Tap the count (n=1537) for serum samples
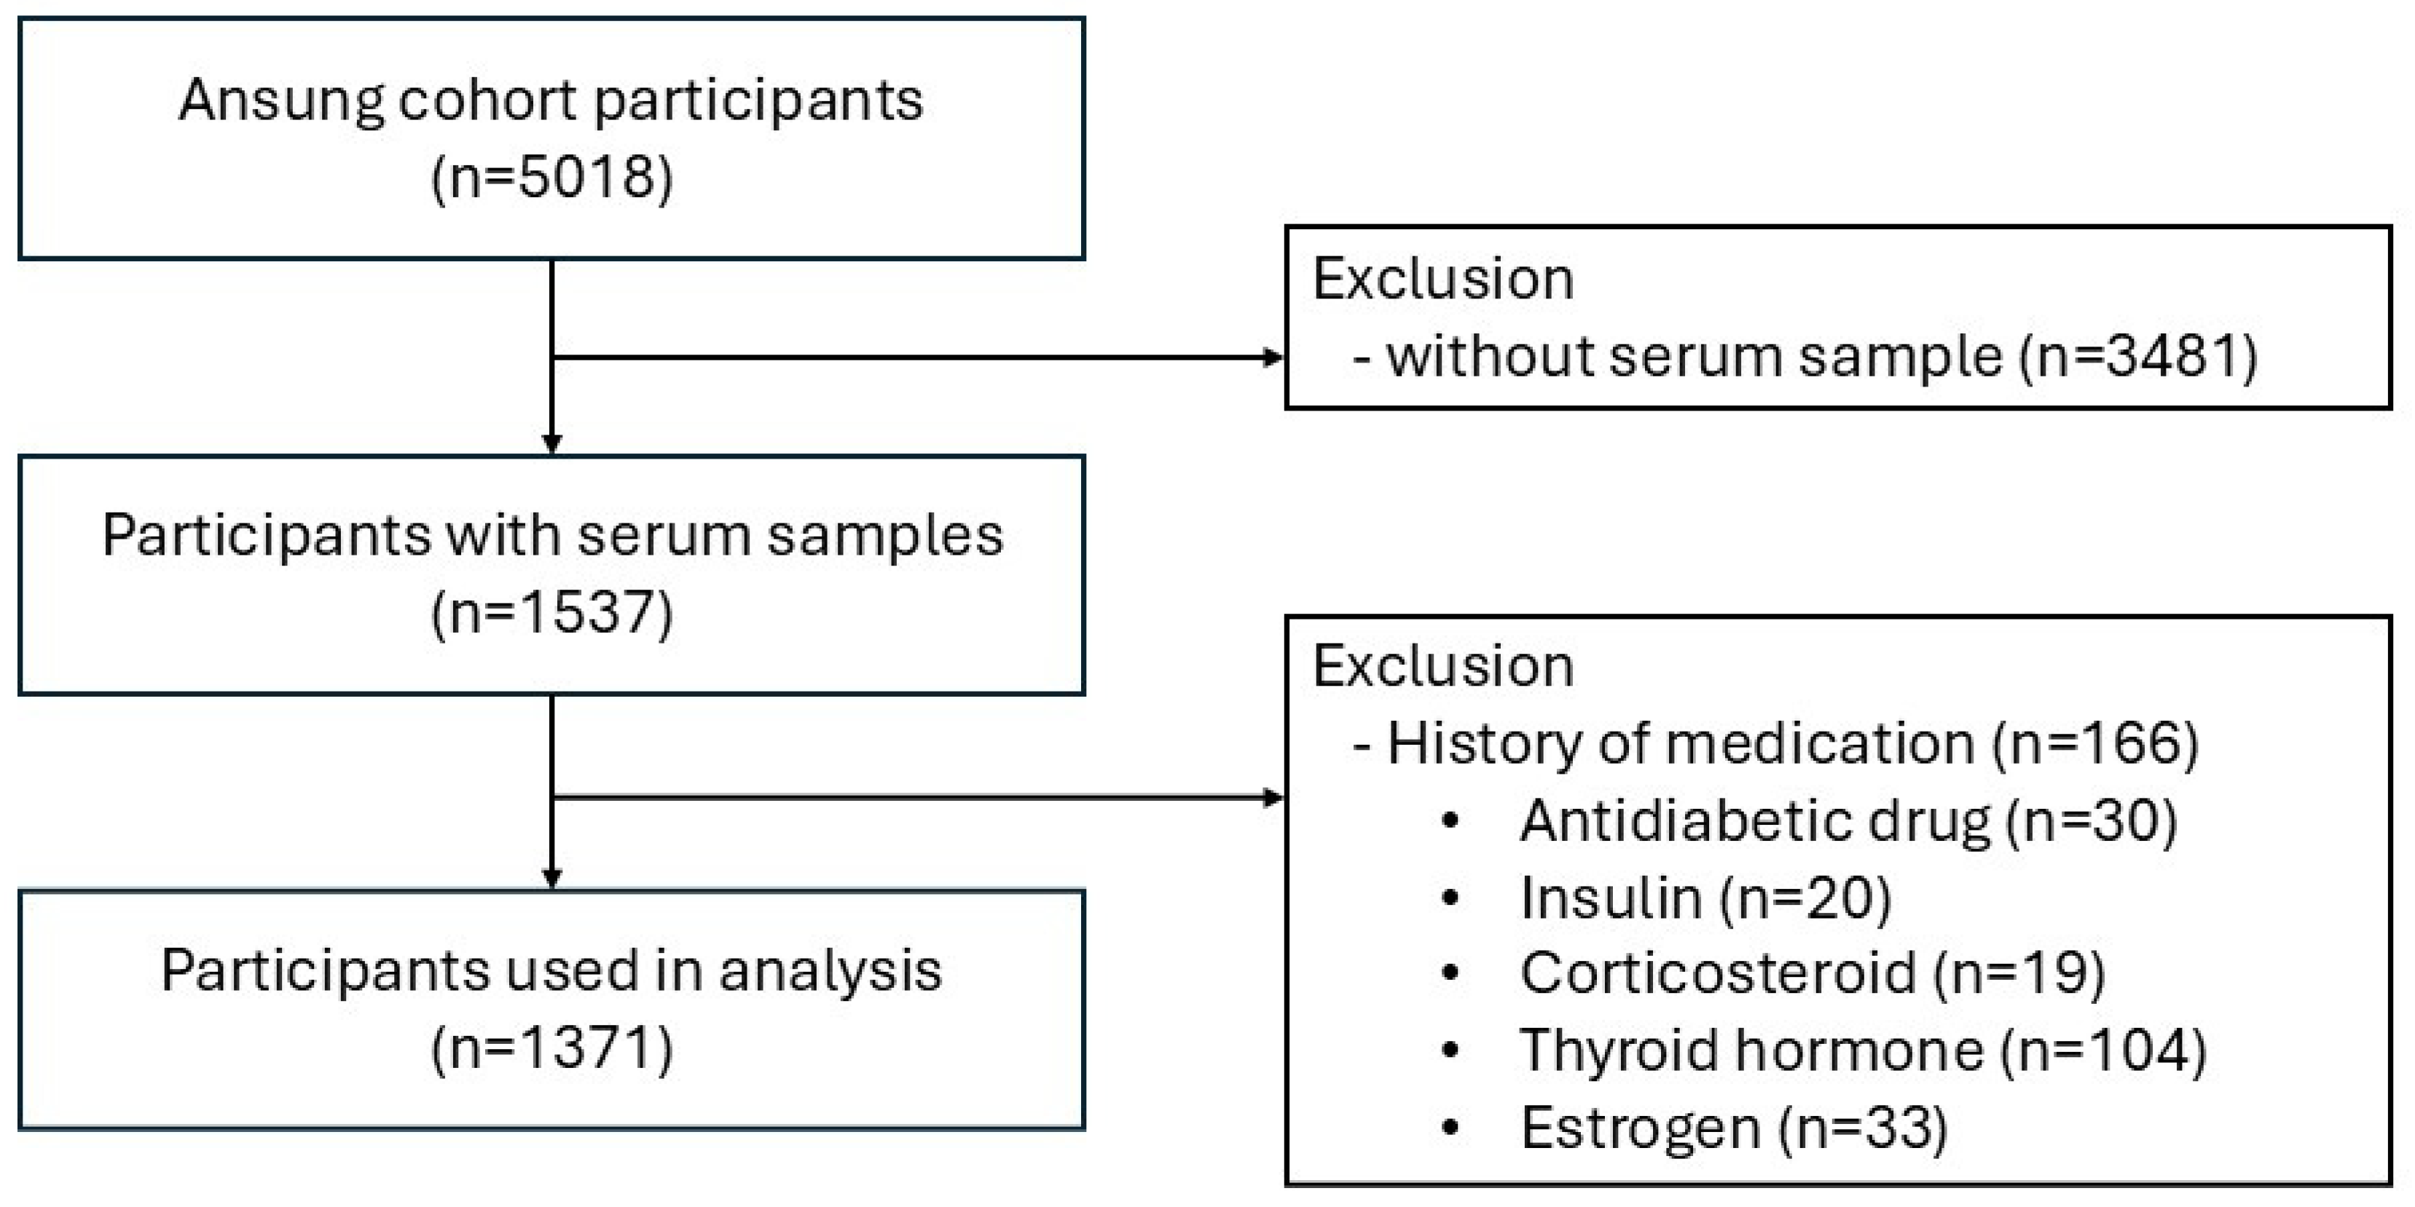[551, 613]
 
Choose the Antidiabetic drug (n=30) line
[1847, 821]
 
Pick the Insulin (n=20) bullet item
[1705, 898]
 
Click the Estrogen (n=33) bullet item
[1733, 1128]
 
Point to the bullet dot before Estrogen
[1450, 1128]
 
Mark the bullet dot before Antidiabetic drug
[1450, 822]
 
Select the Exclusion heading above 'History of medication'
[1443, 666]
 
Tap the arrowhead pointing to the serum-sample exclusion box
[1273, 357]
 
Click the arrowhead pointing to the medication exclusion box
[1273, 797]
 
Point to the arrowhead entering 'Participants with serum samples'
[552, 444]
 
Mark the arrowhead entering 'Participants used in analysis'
[552, 878]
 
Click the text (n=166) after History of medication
[2095, 744]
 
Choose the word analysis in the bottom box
[830, 971]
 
